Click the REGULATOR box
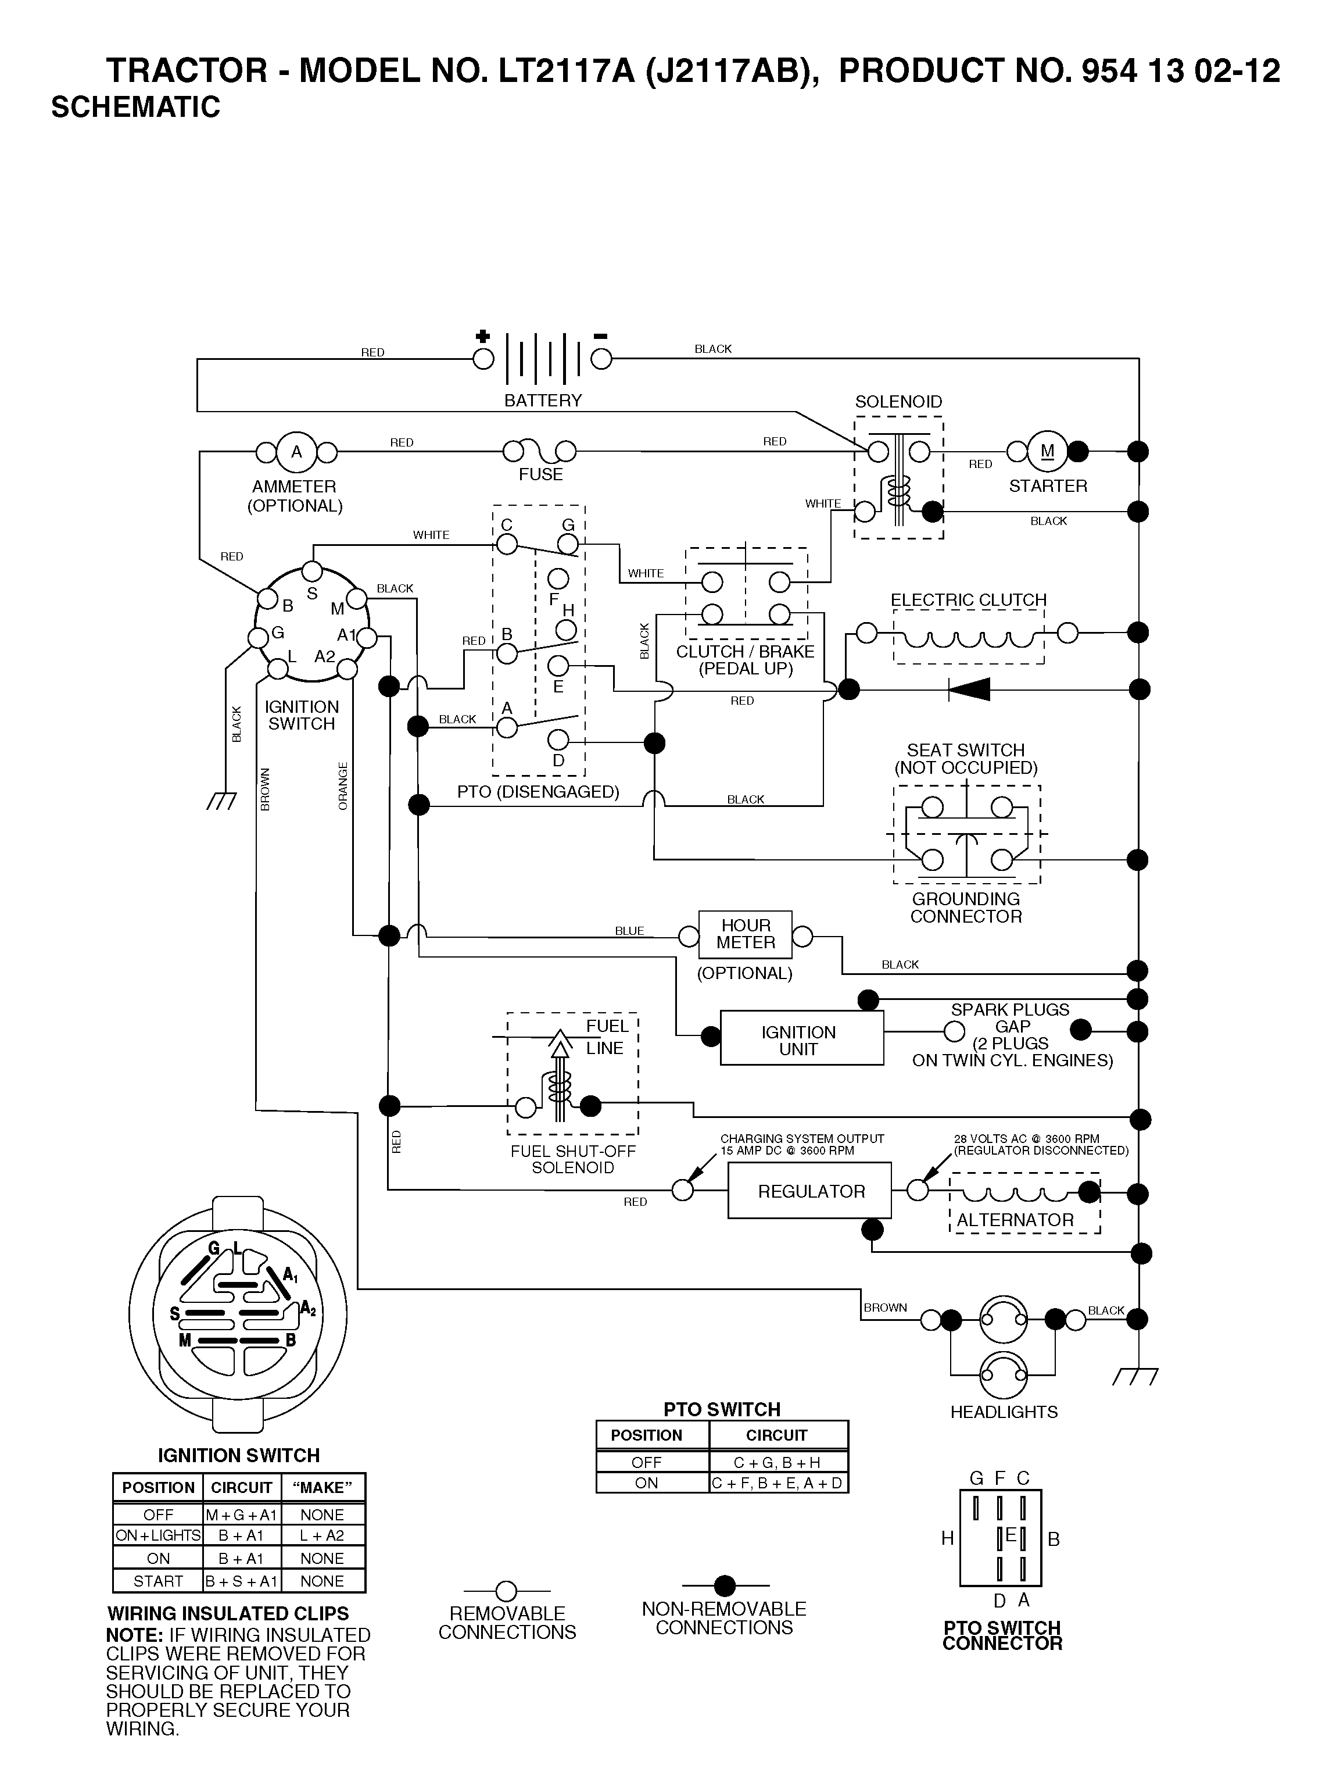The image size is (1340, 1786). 809,1190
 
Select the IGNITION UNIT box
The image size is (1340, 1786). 801,1038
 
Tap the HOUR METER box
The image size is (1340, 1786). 745,934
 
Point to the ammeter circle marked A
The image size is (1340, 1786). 296,452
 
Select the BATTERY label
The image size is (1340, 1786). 543,401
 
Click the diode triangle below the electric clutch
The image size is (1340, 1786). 969,689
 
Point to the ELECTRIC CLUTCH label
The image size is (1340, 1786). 968,600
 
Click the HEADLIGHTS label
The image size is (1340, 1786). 1004,1412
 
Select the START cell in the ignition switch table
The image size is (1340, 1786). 158,1581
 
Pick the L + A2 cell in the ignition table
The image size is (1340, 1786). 322,1535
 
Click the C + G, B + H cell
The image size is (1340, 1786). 778,1462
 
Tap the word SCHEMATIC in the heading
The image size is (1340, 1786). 135,106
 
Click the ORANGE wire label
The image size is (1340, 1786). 343,785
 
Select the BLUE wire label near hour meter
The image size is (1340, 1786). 630,931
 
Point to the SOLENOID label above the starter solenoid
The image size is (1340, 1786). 898,401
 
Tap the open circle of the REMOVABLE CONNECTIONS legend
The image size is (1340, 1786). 506,1591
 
